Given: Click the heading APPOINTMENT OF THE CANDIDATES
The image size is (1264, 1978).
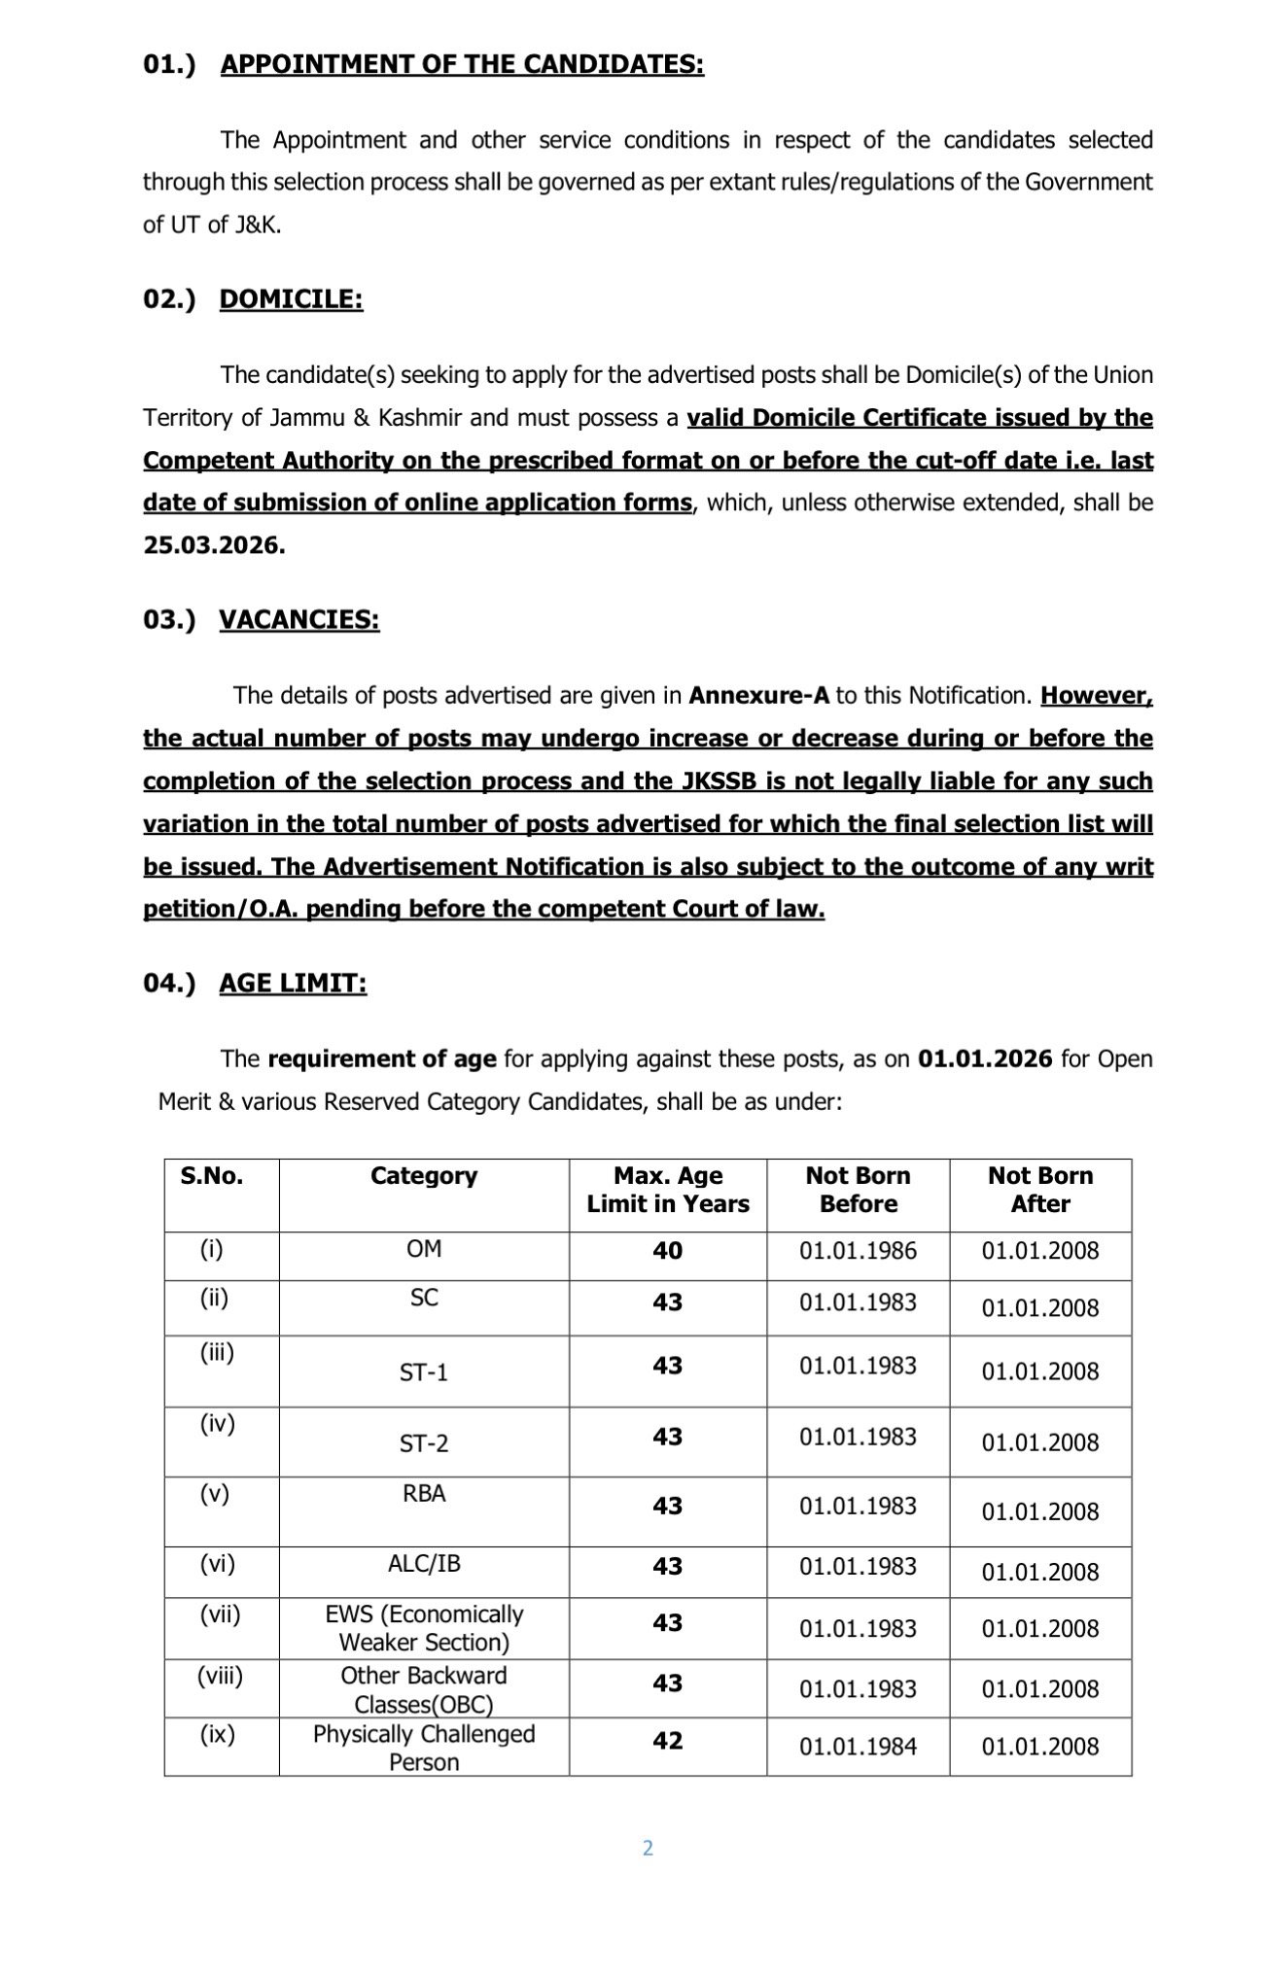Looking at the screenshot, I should click(462, 64).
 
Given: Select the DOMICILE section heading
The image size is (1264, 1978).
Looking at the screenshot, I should click(291, 299).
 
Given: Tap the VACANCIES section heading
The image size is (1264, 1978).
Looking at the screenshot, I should click(298, 619).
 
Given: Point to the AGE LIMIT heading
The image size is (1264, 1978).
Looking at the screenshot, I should click(293, 984).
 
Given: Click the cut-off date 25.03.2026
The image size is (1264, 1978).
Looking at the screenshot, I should click(214, 545).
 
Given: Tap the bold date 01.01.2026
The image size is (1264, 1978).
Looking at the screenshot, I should click(984, 1058).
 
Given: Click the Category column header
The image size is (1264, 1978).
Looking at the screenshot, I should click(424, 1176).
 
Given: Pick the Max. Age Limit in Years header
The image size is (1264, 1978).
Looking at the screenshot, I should click(668, 1190).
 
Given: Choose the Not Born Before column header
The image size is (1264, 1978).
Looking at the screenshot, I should click(858, 1190).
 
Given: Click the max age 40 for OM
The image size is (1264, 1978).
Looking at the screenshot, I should click(668, 1250).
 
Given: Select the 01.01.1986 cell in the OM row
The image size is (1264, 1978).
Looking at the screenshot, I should click(858, 1251).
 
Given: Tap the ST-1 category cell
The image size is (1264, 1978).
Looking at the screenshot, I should click(424, 1372).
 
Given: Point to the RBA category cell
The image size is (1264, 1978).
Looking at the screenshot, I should click(424, 1493).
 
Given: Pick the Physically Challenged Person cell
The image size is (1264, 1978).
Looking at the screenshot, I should click(424, 1748).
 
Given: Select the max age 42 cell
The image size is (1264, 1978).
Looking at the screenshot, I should click(668, 1741).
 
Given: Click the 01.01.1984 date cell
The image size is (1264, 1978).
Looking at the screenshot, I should click(858, 1747).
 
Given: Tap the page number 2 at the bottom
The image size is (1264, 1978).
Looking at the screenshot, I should click(648, 1848).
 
